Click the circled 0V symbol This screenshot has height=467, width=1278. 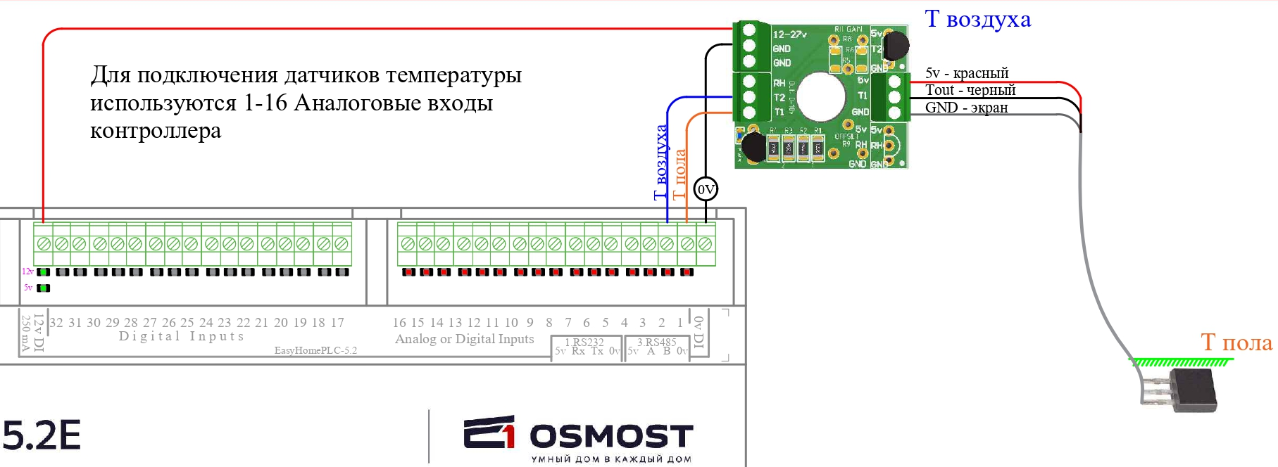706,189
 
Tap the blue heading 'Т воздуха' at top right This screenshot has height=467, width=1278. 977,20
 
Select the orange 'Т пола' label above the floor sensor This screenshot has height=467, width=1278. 1236,343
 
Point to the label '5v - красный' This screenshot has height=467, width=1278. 966,73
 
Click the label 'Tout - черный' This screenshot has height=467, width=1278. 970,90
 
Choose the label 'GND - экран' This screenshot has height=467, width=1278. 966,108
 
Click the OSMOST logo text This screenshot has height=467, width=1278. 611,436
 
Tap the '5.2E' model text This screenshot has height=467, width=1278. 42,435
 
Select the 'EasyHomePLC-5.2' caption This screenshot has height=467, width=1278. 315,350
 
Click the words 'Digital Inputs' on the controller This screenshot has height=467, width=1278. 182,336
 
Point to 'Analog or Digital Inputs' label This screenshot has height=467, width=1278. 465,339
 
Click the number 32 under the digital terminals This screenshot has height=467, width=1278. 56,323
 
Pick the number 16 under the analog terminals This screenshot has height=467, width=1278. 399,323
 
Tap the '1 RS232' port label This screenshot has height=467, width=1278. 584,342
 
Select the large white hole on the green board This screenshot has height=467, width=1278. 821,96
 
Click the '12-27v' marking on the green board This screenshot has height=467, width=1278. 789,34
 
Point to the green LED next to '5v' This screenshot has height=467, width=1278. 44,288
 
